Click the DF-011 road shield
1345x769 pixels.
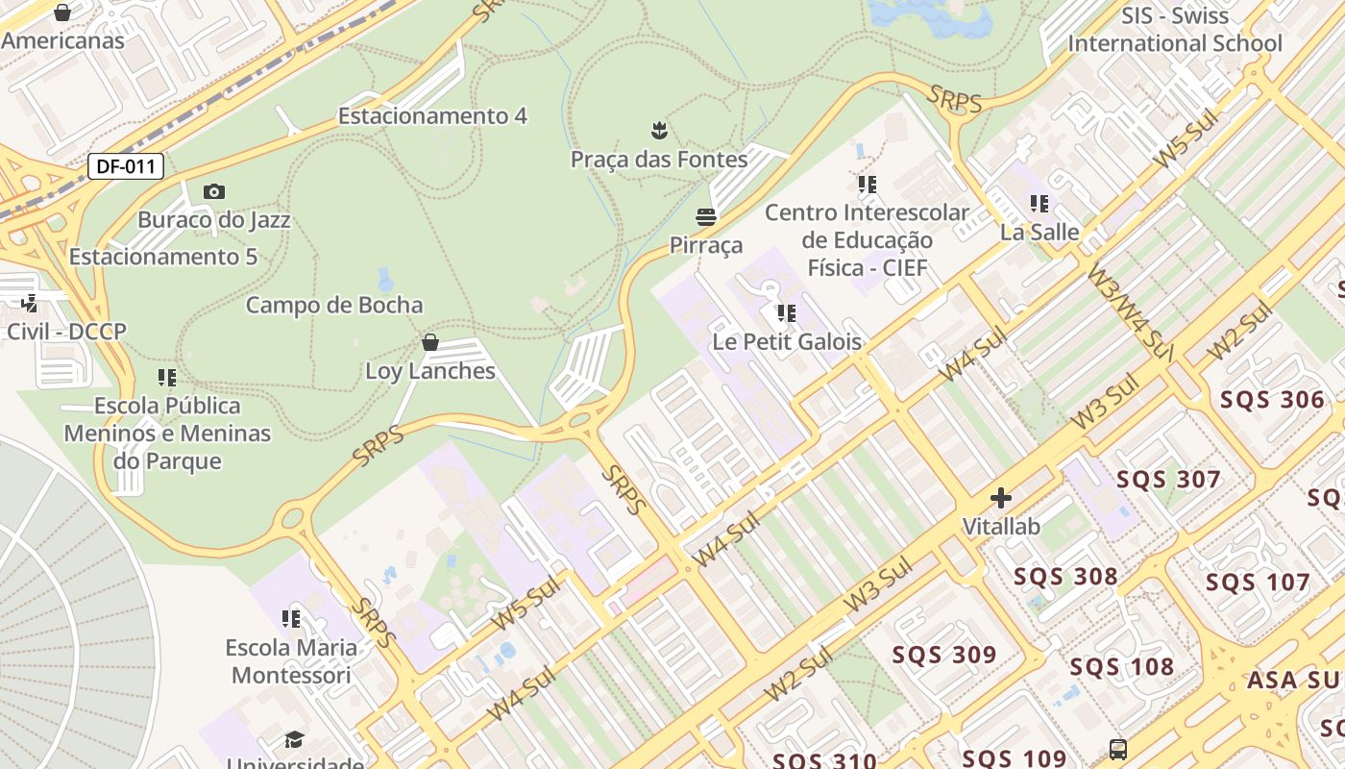tap(126, 166)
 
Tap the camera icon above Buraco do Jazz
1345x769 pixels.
tap(214, 192)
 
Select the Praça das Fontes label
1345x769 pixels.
tap(659, 159)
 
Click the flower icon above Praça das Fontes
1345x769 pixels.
tap(659, 129)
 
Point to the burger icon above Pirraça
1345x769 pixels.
tap(706, 217)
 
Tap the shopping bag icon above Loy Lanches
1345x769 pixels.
tap(430, 342)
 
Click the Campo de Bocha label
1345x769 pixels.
tap(334, 305)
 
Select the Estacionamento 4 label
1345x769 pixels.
tap(432, 115)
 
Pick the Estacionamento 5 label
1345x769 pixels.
tap(163, 257)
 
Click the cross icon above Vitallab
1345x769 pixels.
tap(1001, 498)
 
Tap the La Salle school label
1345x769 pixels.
tap(1039, 232)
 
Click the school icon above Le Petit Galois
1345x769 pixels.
tap(787, 313)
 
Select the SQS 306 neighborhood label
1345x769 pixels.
tap(1272, 399)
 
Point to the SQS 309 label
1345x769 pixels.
tap(944, 655)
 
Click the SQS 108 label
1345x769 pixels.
tap(1122, 666)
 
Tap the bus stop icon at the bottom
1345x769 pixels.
tap(1117, 749)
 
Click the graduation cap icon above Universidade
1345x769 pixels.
tap(294, 739)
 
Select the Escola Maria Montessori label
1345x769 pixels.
tap(291, 661)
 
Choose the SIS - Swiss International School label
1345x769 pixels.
tap(1175, 30)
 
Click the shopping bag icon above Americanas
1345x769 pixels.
tap(62, 12)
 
